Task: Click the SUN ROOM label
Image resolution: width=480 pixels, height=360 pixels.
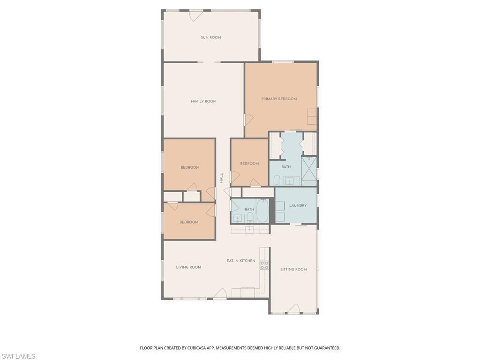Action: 211,37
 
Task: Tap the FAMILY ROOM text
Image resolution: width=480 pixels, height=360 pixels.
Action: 203,101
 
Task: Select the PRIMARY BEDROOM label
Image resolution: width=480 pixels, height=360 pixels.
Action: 279,99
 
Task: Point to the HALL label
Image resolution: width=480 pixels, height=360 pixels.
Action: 221,178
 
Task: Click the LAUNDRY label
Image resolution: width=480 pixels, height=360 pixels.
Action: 298,205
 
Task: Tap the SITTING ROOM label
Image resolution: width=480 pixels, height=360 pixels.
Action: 293,270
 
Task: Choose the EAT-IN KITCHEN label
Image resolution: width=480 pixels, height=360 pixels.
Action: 241,261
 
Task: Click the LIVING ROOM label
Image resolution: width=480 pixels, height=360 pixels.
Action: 188,267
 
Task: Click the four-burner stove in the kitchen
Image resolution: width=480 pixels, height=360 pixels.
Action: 264,265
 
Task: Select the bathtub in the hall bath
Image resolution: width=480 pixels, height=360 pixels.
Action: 262,211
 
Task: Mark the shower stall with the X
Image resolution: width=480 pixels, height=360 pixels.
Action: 309,168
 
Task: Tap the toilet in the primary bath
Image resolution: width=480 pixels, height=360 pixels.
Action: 277,180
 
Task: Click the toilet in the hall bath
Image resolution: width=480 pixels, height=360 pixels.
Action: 250,217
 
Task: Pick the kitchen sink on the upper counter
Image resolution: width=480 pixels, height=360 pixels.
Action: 250,229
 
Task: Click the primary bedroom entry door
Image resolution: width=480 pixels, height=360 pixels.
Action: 248,120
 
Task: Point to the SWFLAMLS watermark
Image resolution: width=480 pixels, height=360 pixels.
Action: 18,356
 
